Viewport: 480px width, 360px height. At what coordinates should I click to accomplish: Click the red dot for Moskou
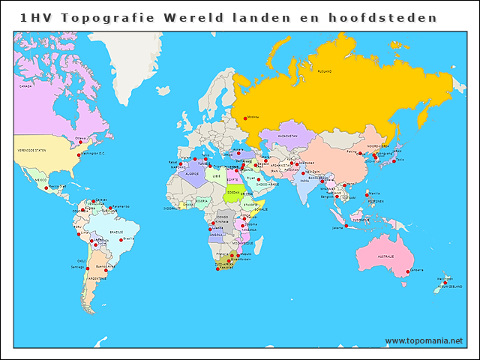245,117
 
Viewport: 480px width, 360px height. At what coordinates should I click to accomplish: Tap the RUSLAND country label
324,71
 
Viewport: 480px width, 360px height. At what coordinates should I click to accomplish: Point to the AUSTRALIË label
385,256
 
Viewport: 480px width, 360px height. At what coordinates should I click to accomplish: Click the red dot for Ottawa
80,142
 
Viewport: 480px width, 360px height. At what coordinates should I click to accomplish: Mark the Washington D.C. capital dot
79,155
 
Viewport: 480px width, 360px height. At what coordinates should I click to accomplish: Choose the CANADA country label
27,87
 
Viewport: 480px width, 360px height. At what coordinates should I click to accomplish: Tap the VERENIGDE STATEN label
32,151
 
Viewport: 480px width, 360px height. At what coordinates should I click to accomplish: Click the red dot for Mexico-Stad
46,189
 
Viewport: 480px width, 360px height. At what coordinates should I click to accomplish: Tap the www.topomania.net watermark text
424,340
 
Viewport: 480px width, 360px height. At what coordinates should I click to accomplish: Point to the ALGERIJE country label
192,173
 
